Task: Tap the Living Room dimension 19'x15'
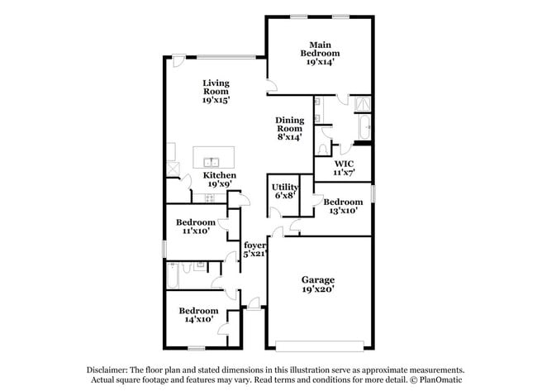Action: (216, 100)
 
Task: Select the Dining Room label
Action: (290, 124)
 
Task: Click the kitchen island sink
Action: (211, 162)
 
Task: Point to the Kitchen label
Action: (220, 175)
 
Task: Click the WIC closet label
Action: (345, 164)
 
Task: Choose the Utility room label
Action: (284, 188)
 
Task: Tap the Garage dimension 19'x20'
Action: (318, 288)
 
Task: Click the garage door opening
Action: (320, 346)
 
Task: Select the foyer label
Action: (254, 246)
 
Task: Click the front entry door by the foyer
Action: (254, 305)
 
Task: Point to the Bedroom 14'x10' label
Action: (198, 315)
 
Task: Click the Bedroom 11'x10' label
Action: (196, 226)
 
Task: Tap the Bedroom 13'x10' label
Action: (343, 206)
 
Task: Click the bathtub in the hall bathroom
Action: (173, 275)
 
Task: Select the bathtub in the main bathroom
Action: (364, 126)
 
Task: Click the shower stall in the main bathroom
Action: (363, 104)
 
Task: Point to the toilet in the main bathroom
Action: (323, 149)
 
